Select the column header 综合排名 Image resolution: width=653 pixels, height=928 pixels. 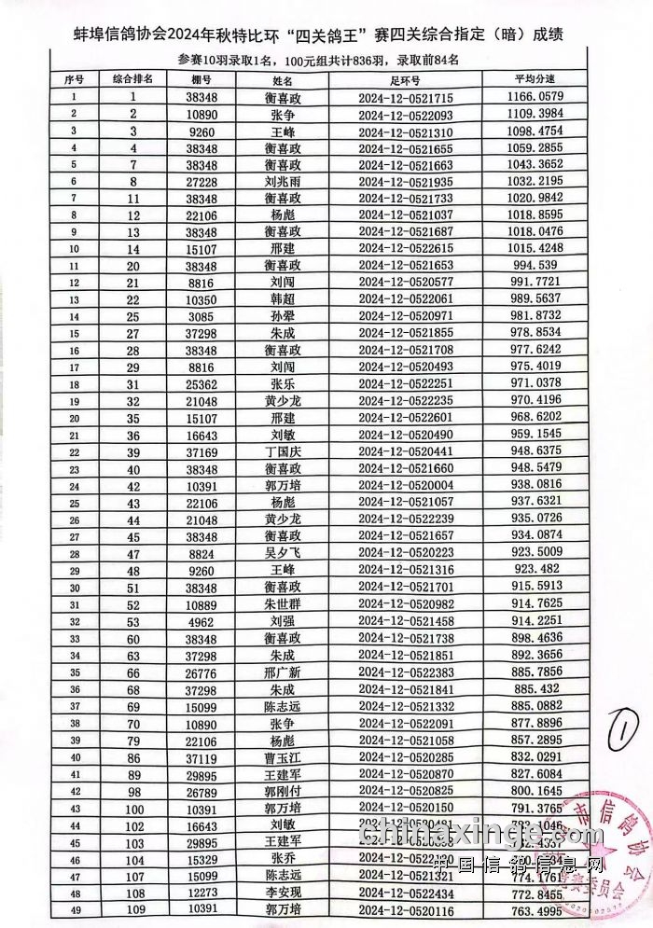[x=133, y=80]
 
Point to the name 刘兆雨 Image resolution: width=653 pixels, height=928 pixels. [x=283, y=181]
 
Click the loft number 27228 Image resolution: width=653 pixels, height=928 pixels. [x=201, y=181]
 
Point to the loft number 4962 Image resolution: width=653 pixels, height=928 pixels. [x=201, y=620]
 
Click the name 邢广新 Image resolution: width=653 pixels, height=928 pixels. [x=283, y=671]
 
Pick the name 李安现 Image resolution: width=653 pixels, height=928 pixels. [x=283, y=892]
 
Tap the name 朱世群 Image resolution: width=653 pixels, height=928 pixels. [x=283, y=603]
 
